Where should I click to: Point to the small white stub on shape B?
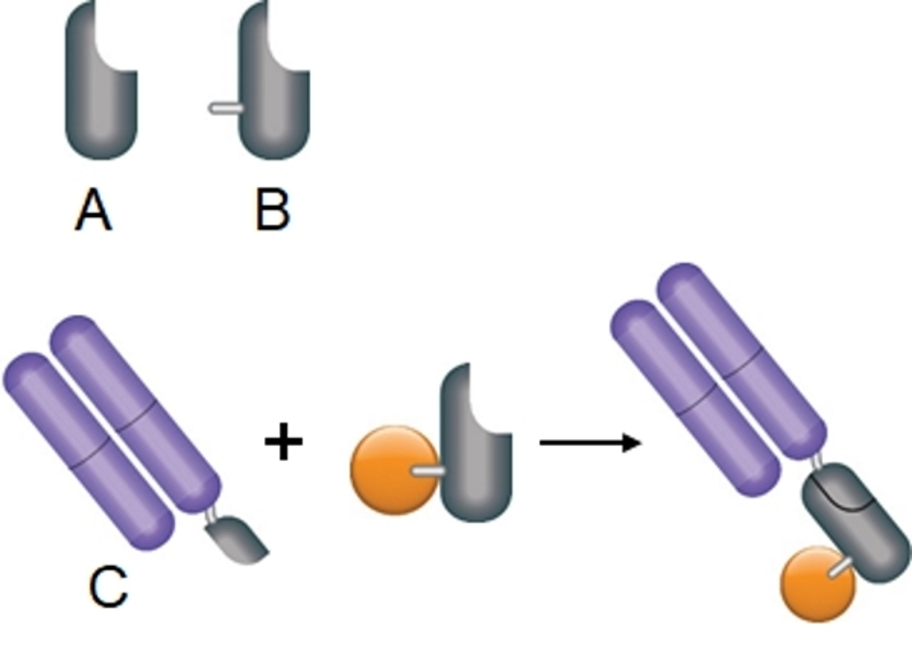click(225, 108)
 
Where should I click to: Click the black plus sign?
click(284, 441)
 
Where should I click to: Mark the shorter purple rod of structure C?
click(88, 450)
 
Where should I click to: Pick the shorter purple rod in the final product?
click(696, 398)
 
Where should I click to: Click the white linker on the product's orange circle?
click(841, 567)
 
